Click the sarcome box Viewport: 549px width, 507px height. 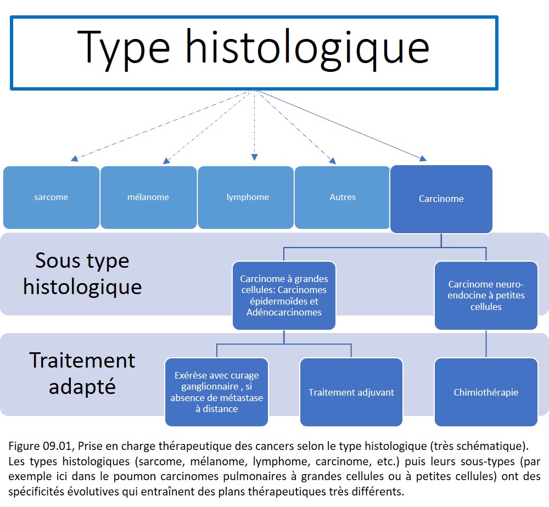[51, 198]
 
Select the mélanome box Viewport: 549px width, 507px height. [148, 198]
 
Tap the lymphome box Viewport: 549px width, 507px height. [246, 198]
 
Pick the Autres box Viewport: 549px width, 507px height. [343, 198]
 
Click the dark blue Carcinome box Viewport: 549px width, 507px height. [441, 199]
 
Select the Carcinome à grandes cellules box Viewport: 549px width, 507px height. [284, 296]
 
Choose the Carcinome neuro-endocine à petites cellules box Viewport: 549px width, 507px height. [486, 296]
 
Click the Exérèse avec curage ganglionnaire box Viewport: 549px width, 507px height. [217, 392]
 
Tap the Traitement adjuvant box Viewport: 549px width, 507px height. [351, 392]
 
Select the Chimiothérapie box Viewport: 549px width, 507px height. [486, 392]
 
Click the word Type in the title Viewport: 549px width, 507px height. [124, 48]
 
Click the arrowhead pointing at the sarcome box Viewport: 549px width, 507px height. [74, 159]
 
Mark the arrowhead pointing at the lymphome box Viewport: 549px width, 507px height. [255, 157]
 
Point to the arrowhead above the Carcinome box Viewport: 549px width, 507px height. [423, 159]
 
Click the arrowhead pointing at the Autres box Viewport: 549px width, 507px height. [333, 161]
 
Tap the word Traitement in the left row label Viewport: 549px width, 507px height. [82, 360]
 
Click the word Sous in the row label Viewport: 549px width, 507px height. [58, 261]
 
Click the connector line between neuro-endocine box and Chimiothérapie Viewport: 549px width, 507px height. [486, 343]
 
